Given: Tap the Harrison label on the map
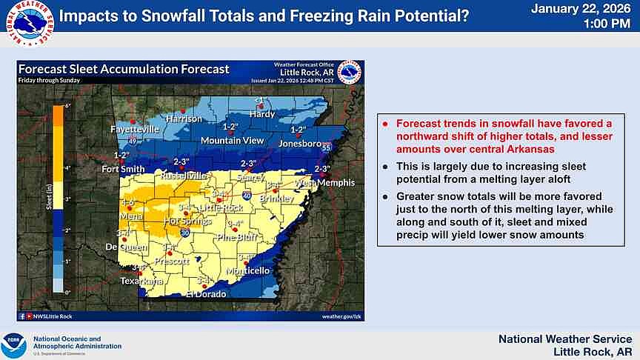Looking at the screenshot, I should [184, 119].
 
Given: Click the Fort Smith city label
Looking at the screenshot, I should [123, 169].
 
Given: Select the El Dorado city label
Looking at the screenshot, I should [204, 293].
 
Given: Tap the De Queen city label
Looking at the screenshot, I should [122, 247].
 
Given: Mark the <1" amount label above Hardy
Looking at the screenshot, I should [260, 100].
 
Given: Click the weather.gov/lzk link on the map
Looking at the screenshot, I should [340, 316].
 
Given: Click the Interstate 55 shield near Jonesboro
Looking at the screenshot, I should [327, 148].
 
